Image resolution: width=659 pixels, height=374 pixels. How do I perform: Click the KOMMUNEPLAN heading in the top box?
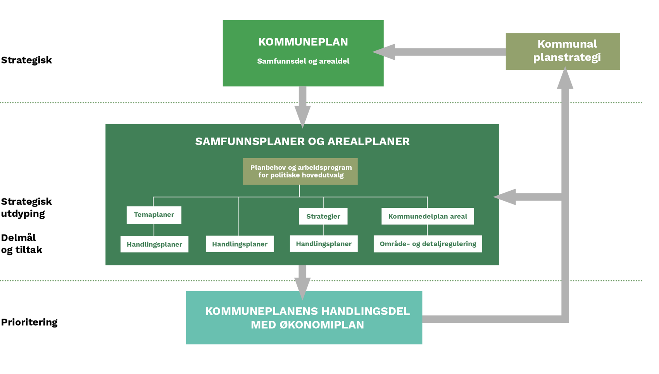click(303, 42)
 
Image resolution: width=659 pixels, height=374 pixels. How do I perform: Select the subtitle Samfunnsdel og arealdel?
click(303, 61)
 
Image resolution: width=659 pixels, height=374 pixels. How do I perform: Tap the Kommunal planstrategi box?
click(562, 52)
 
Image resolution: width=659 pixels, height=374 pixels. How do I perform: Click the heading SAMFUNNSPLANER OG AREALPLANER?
click(302, 141)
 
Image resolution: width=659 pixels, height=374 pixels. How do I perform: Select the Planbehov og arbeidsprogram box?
click(300, 171)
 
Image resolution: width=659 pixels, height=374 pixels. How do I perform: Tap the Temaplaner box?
click(154, 215)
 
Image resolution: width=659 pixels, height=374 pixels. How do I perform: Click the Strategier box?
click(323, 216)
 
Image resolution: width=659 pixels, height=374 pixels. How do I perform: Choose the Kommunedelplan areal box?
click(427, 216)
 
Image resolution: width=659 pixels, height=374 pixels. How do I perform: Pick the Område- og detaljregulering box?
click(428, 244)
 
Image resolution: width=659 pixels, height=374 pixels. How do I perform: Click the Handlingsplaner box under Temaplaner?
click(154, 244)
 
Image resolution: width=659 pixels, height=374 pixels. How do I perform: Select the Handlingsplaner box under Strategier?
click(324, 244)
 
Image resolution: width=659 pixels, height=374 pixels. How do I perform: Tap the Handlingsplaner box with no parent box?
click(240, 244)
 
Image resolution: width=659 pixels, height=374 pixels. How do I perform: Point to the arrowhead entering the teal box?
click(302, 289)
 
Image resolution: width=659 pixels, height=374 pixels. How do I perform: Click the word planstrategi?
click(567, 57)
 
